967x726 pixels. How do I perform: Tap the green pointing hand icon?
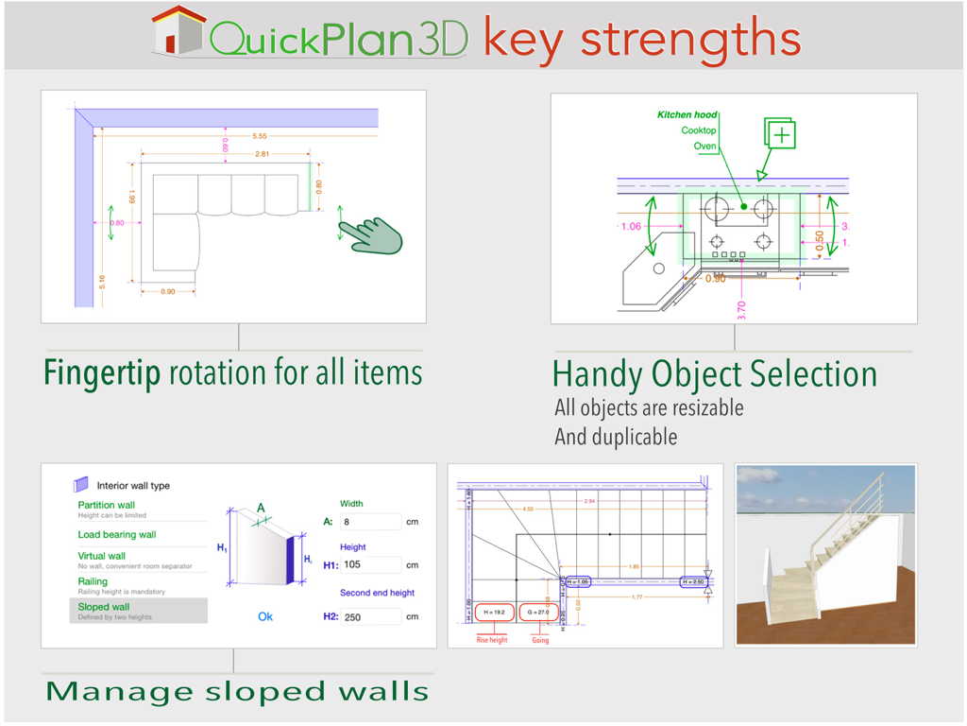click(375, 235)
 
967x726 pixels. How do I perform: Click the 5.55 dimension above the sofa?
click(260, 136)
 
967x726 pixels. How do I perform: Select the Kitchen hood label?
click(687, 114)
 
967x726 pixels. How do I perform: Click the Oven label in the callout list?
click(704, 147)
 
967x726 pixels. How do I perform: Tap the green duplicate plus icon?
click(781, 135)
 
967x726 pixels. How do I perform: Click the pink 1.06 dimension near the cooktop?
click(631, 226)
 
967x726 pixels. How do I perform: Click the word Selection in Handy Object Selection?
click(811, 374)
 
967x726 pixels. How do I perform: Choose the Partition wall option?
click(107, 505)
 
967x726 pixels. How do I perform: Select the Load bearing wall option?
click(117, 534)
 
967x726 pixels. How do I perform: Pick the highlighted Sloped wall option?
click(104, 607)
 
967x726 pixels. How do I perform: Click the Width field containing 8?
click(370, 522)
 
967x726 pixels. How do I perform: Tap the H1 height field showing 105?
click(370, 565)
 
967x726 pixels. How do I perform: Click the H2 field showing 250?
click(370, 616)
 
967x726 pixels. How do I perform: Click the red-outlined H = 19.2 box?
click(494, 613)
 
